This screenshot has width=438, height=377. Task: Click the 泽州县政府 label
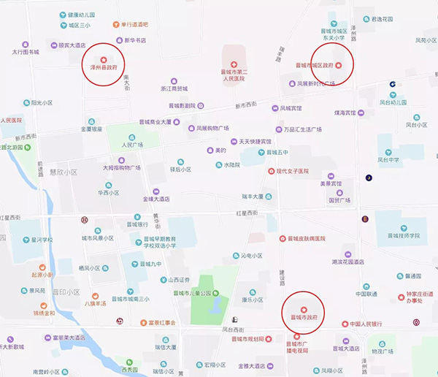103,66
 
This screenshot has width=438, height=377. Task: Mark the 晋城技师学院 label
413,235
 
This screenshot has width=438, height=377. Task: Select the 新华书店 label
135,40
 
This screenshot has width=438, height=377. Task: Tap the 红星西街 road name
247,213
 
